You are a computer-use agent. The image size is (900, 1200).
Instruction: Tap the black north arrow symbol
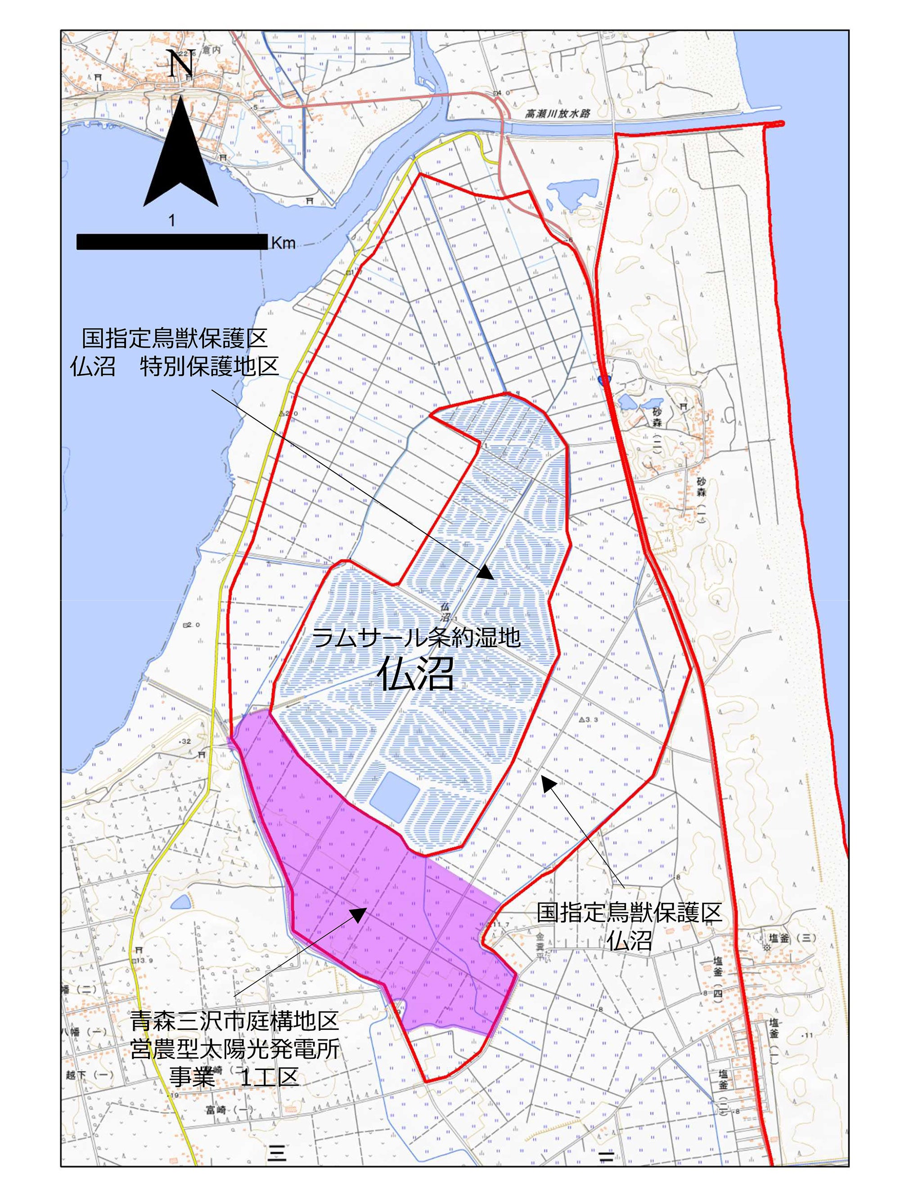point(180,157)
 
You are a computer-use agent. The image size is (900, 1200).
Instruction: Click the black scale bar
point(172,242)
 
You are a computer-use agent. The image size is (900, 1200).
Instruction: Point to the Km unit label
point(283,243)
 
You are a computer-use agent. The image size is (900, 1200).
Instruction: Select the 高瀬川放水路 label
point(558,114)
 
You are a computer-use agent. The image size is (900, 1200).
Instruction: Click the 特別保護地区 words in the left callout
point(209,367)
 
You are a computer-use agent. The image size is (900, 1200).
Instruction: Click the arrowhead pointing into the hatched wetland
point(486,573)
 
